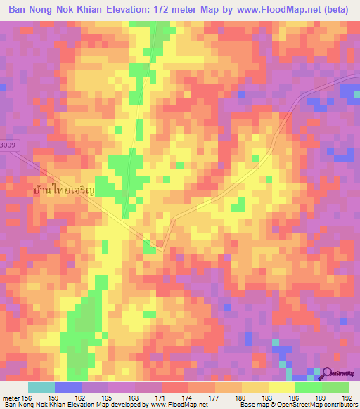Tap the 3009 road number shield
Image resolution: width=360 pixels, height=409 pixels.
click(7, 145)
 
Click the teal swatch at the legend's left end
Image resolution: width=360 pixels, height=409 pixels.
click(41, 387)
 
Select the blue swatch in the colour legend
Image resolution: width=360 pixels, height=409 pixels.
click(67, 387)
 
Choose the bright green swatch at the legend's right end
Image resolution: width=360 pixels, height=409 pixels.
click(335, 387)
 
